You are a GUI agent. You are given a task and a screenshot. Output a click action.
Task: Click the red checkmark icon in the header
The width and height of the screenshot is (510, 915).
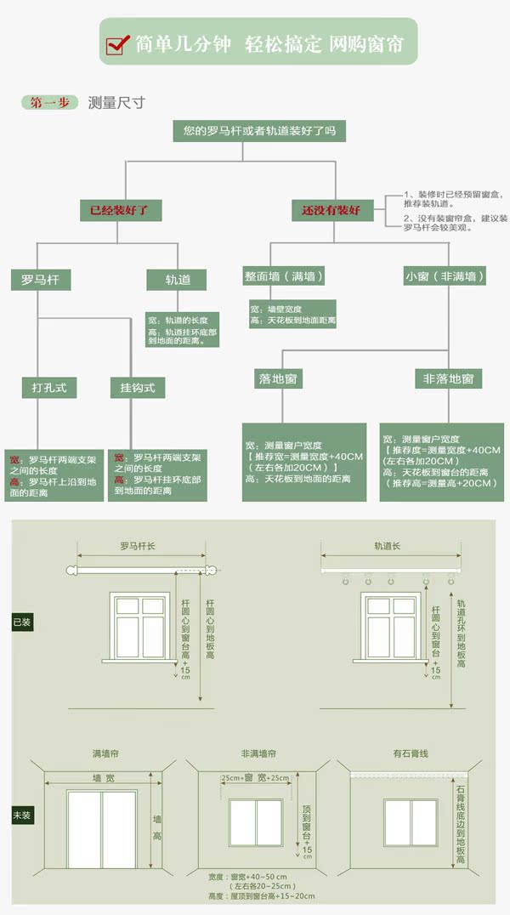[x=117, y=45]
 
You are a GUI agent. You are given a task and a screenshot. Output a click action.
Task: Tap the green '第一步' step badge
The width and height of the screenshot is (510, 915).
[x=49, y=103]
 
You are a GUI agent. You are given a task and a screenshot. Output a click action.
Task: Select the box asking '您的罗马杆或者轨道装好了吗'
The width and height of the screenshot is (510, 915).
[x=254, y=131]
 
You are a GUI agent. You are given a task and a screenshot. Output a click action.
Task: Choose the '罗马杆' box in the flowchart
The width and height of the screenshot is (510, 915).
[x=40, y=278]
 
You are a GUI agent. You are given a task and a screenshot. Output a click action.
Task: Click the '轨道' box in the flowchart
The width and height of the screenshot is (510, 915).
[x=178, y=278]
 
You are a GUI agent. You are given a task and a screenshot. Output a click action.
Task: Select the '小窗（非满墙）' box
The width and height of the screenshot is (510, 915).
[x=444, y=276]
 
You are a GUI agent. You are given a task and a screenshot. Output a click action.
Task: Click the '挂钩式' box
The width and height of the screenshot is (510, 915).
[x=137, y=388]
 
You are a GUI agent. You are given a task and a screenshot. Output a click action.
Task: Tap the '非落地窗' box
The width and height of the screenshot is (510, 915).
[x=448, y=378]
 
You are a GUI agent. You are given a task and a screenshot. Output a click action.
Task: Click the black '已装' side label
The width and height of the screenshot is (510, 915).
[x=22, y=622]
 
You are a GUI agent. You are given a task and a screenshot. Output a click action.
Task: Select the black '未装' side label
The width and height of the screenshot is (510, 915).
[x=22, y=816]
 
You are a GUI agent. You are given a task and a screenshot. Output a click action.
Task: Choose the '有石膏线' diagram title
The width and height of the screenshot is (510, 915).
[x=410, y=753]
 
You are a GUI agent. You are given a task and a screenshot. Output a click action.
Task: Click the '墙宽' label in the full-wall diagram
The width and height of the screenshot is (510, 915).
[x=104, y=778]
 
